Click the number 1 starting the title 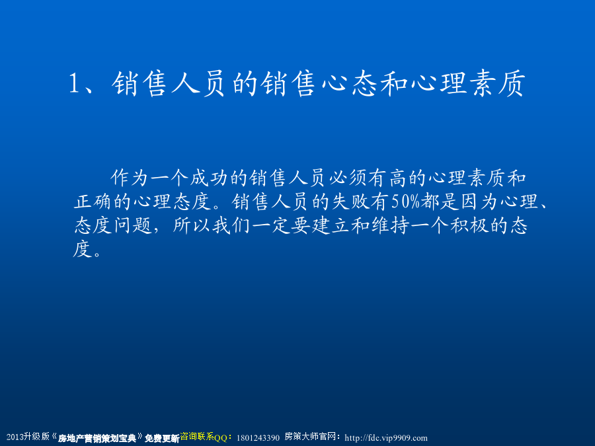73,83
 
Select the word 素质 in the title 497,83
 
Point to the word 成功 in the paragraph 209,178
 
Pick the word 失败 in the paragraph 350,202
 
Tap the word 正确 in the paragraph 93,202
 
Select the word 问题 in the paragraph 133,225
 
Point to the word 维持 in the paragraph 390,225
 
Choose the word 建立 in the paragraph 331,225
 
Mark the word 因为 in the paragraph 480,202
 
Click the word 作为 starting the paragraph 129,178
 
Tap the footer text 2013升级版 28,437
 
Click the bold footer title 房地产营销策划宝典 97,439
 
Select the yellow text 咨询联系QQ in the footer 204,437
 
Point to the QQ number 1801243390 258,438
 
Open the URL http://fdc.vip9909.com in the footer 386,438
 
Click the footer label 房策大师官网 311,437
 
